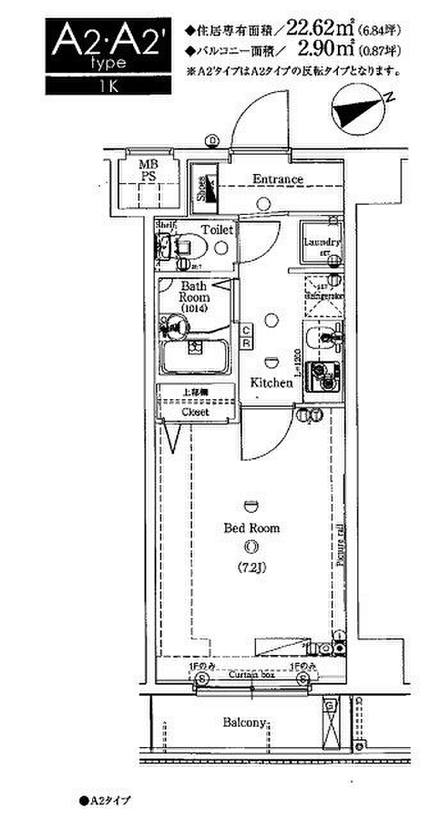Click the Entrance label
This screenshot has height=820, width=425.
coord(278,179)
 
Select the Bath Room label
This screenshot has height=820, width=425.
coord(193,292)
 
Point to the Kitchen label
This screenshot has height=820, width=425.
coord(271,383)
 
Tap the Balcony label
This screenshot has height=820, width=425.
coord(244,723)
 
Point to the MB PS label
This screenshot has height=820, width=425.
coord(148,171)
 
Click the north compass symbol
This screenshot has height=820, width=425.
coord(358,111)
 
